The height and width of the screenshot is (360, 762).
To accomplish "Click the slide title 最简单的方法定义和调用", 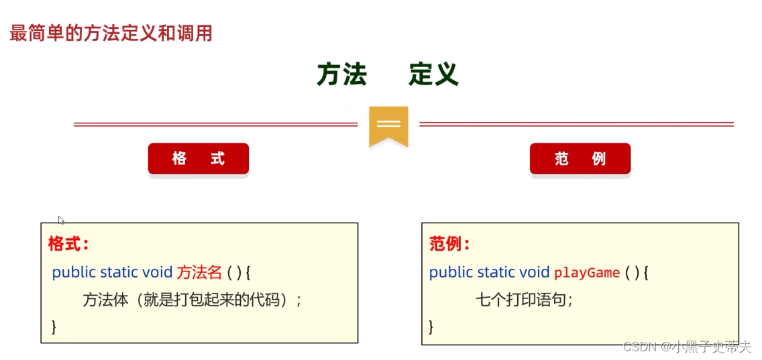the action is click(x=111, y=34).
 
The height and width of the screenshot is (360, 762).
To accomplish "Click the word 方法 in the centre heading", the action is click(x=341, y=75).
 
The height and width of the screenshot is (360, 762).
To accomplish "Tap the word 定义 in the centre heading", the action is click(x=433, y=75).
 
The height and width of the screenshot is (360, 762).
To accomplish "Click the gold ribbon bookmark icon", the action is click(x=388, y=125).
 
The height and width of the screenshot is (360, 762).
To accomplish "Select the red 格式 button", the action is click(x=198, y=159).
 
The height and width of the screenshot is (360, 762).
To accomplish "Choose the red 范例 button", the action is click(x=580, y=159).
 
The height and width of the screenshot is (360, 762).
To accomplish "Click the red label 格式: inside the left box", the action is click(x=68, y=243).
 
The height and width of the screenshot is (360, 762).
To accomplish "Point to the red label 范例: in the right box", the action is click(x=449, y=243).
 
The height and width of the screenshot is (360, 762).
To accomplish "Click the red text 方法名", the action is click(x=199, y=272).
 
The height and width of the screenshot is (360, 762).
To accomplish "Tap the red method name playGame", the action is click(x=586, y=273).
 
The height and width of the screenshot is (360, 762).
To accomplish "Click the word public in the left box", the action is click(x=74, y=272).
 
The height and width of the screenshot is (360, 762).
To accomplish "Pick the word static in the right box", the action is click(x=496, y=273).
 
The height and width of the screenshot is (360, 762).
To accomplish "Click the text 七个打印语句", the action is click(x=524, y=300).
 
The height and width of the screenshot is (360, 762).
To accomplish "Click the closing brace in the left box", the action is click(x=54, y=326).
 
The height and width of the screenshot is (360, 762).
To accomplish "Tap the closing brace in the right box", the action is click(x=431, y=326).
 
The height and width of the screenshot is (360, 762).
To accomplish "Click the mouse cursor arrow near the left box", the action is click(x=61, y=220).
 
